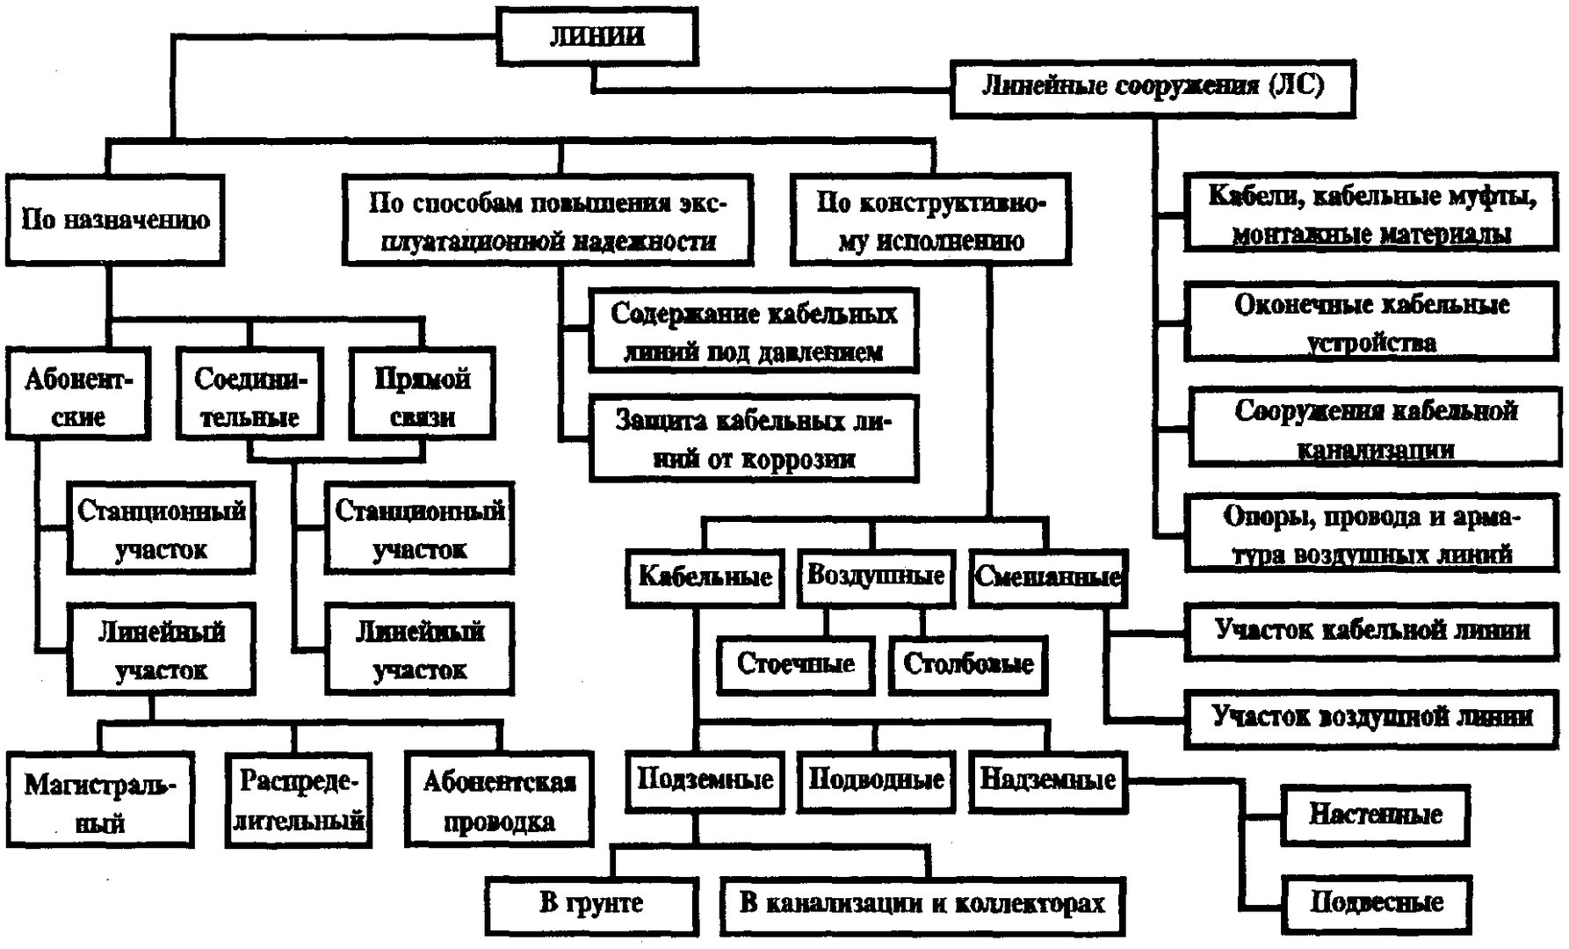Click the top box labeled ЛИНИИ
(x=597, y=36)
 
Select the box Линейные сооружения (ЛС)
(x=1152, y=87)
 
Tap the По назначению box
(x=115, y=220)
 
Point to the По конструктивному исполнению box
(x=930, y=221)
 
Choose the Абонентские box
(x=78, y=395)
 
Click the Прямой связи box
(x=422, y=395)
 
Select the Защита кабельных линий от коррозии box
(x=753, y=438)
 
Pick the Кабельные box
(x=705, y=577)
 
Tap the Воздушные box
(x=875, y=576)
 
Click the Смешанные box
(x=1047, y=577)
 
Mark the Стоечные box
(x=795, y=664)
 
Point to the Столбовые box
(x=968, y=664)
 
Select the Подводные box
(x=876, y=779)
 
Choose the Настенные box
(x=1375, y=815)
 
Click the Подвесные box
(x=1376, y=903)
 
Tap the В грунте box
(x=591, y=903)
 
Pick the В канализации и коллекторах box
(x=922, y=903)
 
